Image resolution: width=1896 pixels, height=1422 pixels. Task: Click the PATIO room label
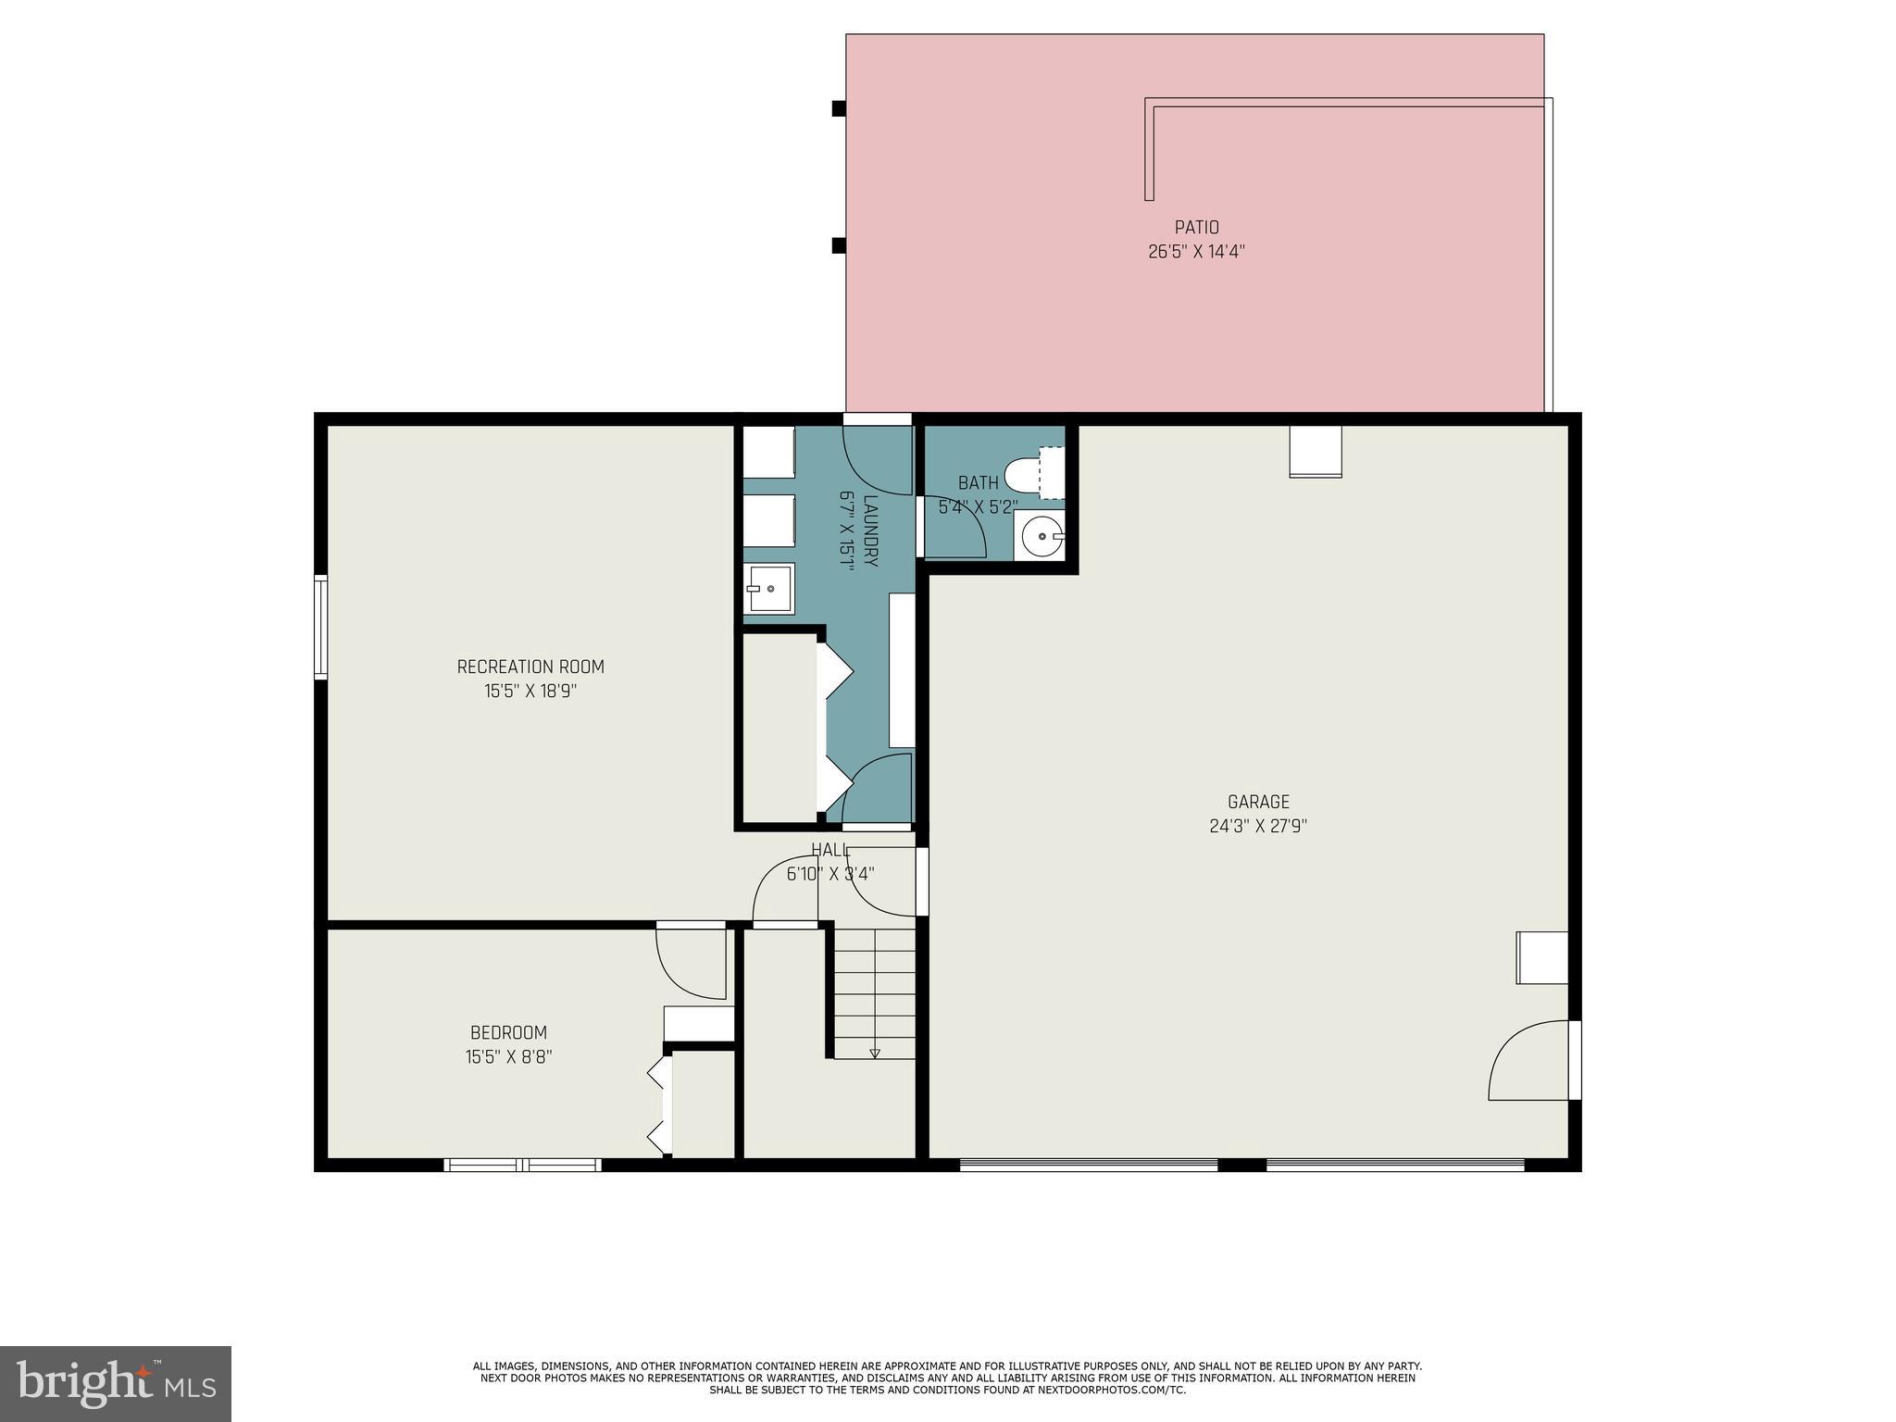(x=1196, y=228)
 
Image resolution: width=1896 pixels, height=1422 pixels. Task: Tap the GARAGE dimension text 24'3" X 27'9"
(x=1258, y=826)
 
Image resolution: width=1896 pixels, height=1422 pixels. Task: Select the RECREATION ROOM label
(x=530, y=667)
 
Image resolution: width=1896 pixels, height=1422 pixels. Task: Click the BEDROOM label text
(x=508, y=1032)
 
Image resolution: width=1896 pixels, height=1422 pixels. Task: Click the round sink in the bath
(x=1042, y=535)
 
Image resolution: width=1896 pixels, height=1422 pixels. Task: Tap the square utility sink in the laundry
(x=769, y=589)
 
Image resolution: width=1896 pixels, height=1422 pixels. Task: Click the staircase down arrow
(x=875, y=1053)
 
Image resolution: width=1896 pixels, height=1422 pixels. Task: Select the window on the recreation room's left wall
(x=320, y=627)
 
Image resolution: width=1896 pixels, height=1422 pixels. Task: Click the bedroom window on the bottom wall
(x=523, y=1165)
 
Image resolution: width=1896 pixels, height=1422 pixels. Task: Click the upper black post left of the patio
(x=839, y=108)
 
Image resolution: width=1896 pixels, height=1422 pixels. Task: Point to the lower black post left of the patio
(x=839, y=245)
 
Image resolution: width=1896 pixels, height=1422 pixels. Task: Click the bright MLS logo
(x=115, y=1383)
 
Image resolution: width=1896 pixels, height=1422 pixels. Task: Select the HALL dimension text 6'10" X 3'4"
(x=830, y=874)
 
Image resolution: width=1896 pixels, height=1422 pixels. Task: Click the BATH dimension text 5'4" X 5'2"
(x=978, y=507)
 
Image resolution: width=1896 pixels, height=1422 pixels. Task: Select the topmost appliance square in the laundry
(x=769, y=452)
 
